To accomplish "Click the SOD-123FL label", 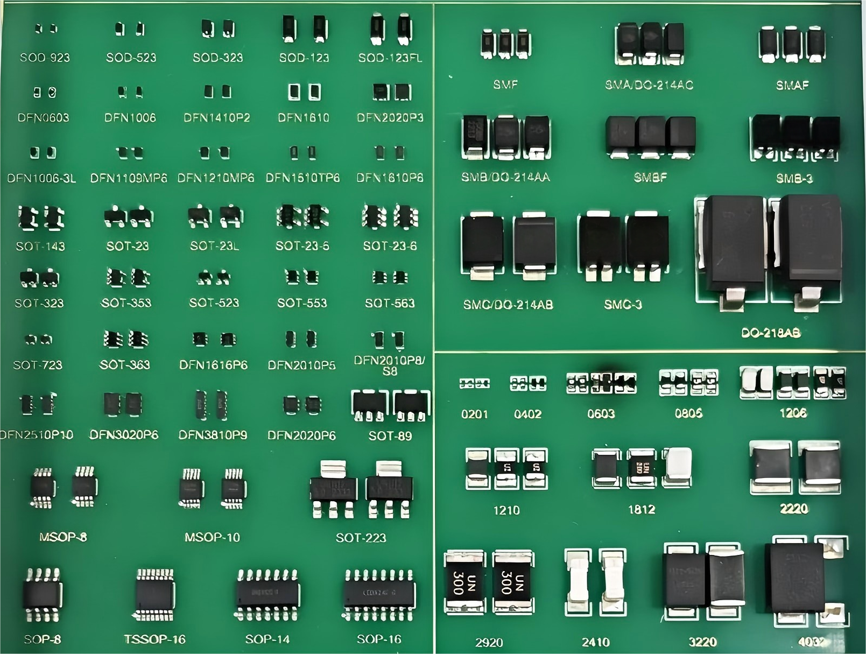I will [390, 58].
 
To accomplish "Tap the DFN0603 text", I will [43, 117].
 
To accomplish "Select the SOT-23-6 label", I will [390, 246].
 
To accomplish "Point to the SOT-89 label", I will [390, 435].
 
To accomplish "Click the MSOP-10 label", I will [212, 537].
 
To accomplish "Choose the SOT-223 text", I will [361, 538].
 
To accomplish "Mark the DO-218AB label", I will [770, 333].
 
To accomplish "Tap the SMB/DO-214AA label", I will [505, 177].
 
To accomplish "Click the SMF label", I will [505, 85].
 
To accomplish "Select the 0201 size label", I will [474, 414].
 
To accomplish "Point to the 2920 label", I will [489, 642].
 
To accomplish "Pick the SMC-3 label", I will [623, 305].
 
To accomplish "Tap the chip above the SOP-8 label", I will [42, 595].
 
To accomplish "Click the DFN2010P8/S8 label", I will [389, 365].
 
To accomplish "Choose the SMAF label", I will [792, 85].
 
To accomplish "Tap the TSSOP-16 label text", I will [154, 639].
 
